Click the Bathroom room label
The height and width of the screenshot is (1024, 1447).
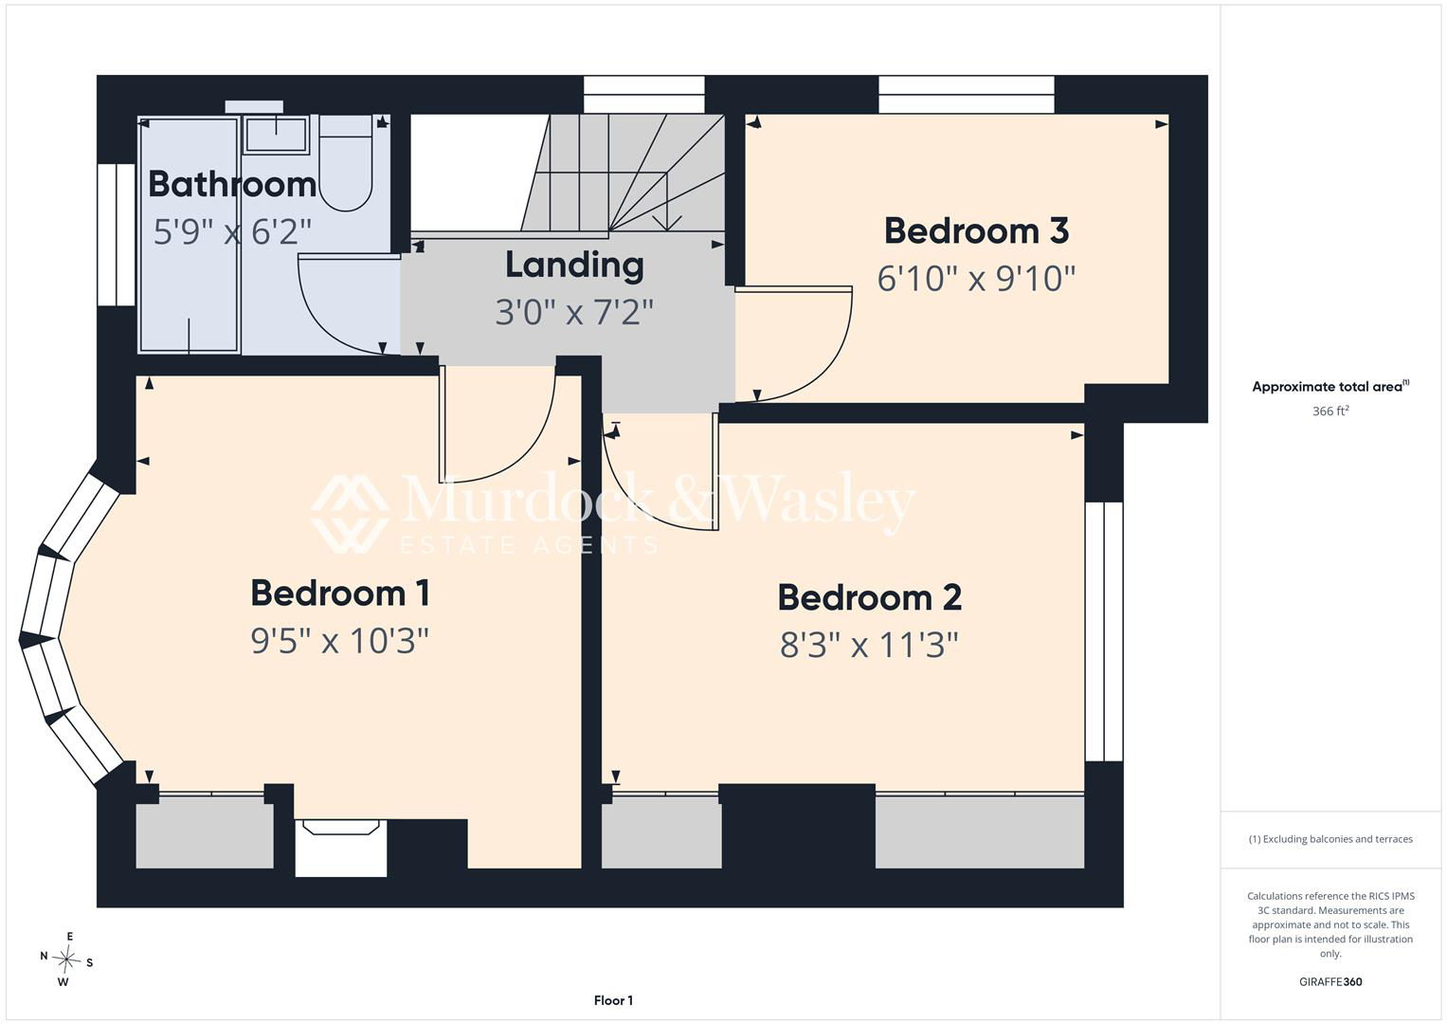tap(232, 184)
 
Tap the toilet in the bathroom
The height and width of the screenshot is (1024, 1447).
tap(346, 163)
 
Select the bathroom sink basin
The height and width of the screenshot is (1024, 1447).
tap(277, 135)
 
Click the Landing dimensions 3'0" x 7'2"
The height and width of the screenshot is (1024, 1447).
tap(574, 312)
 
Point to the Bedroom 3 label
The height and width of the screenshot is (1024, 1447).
tap(976, 230)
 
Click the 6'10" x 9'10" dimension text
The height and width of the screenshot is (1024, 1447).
tap(976, 279)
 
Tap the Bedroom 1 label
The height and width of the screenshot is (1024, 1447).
tap(340, 593)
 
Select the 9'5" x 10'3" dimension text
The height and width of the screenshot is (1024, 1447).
tap(340, 641)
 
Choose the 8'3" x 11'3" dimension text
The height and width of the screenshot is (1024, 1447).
tap(870, 645)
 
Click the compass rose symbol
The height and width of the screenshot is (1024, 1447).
tap(66, 959)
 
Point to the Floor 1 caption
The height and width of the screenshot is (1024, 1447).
tap(613, 1000)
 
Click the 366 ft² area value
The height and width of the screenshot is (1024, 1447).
tap(1330, 411)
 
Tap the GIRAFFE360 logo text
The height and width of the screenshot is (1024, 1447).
tap(1330, 981)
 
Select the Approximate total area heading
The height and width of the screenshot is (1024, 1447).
tap(1330, 386)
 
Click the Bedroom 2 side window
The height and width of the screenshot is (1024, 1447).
tap(1104, 631)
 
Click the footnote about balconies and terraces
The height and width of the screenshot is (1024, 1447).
tap(1330, 839)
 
